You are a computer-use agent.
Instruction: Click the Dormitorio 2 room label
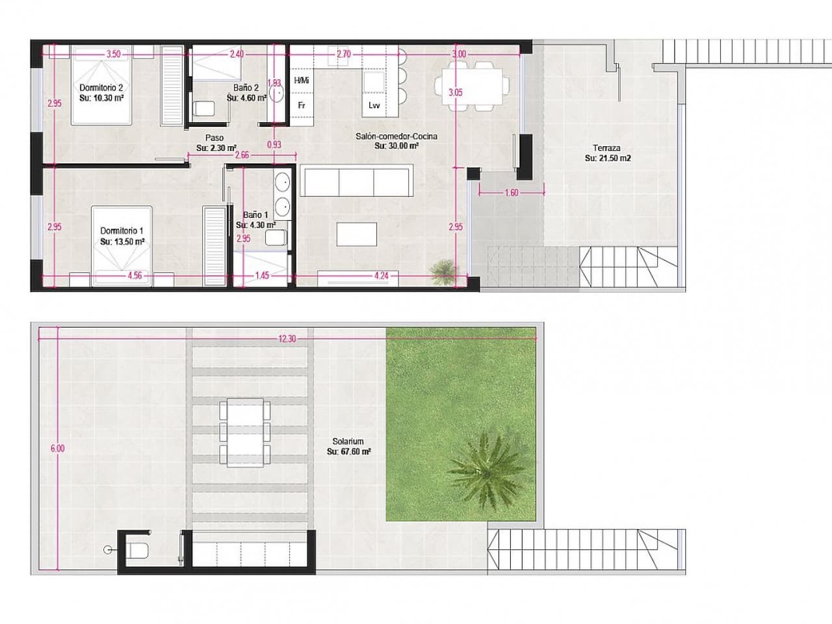point(101,87)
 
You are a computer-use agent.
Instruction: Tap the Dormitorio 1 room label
point(122,231)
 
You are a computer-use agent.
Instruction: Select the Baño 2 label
point(246,88)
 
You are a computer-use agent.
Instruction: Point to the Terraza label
point(606,148)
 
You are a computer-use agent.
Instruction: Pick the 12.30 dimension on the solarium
point(287,339)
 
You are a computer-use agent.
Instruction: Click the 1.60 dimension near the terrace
point(511,193)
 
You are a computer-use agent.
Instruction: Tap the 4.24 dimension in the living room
point(382,275)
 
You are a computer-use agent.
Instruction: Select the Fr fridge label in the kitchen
point(302,105)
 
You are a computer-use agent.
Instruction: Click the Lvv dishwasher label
point(374,105)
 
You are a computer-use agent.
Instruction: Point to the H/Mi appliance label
point(302,81)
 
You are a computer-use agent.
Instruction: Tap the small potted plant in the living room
point(443,269)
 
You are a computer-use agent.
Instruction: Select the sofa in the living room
point(356,180)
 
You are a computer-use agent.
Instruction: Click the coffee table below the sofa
point(357,234)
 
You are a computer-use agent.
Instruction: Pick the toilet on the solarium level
point(138,551)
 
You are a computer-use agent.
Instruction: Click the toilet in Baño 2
point(205,109)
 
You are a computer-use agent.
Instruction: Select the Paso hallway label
point(214,138)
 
